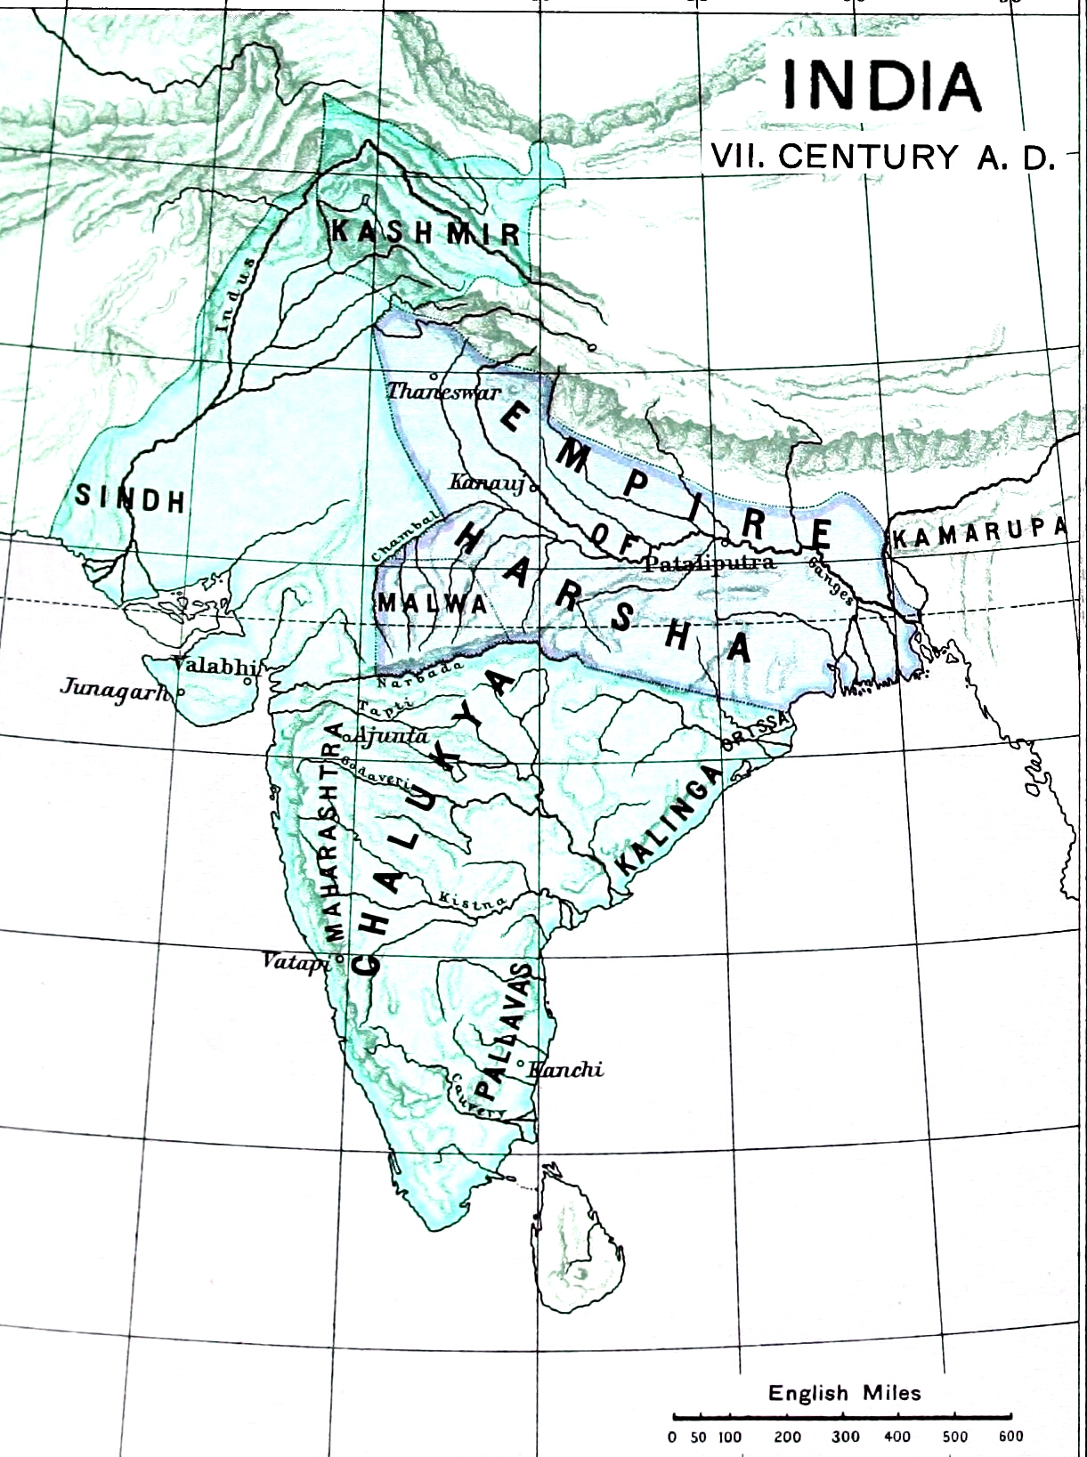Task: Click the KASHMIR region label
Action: pyautogui.click(x=425, y=233)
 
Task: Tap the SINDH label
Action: pyautogui.click(x=130, y=498)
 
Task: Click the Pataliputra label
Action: pyautogui.click(x=710, y=563)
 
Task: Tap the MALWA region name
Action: pyautogui.click(x=433, y=603)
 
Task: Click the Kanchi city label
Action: pyautogui.click(x=566, y=1070)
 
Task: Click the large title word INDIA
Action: pyautogui.click(x=880, y=85)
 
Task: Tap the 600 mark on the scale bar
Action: pyautogui.click(x=1010, y=1436)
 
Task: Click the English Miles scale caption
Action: pyautogui.click(x=844, y=1393)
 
